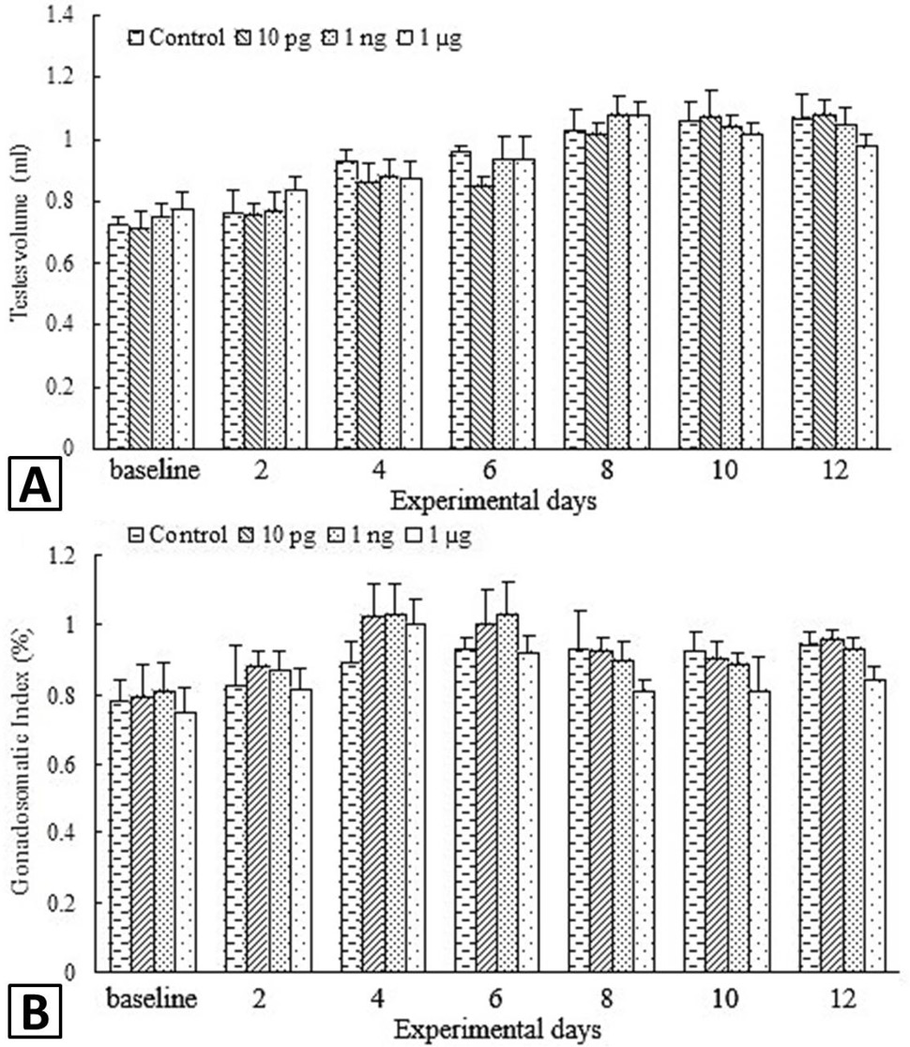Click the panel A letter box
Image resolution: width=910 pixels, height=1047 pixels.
click(35, 483)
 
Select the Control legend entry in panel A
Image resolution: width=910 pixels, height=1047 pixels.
click(176, 38)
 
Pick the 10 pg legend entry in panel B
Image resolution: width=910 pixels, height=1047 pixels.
click(277, 535)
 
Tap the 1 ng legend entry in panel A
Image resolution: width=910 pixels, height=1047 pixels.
click(356, 38)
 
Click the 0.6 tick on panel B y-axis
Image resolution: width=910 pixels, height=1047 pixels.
click(63, 764)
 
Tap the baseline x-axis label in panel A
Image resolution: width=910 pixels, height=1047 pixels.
click(154, 470)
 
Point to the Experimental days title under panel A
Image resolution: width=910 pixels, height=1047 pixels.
click(493, 500)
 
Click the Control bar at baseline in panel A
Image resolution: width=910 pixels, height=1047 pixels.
click(118, 336)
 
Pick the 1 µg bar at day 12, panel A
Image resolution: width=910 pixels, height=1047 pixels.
click(867, 296)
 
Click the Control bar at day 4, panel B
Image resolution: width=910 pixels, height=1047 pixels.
click(351, 816)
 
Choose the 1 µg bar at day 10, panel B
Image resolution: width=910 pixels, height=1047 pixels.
click(759, 831)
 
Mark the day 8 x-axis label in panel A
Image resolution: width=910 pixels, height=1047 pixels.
click(606, 470)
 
